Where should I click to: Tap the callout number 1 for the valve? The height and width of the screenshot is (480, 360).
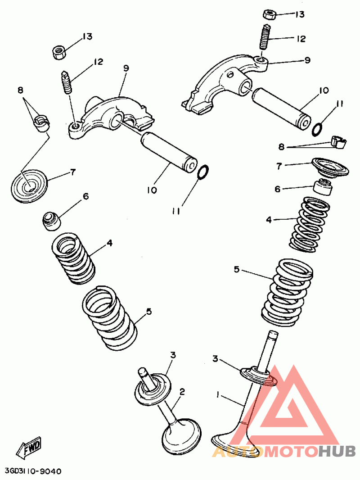[218, 395]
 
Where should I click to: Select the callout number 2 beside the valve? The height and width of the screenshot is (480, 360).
[182, 392]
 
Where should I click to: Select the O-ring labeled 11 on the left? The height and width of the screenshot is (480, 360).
[203, 172]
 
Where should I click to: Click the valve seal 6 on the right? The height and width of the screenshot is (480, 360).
[323, 186]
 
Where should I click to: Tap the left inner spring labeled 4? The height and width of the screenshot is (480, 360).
[74, 258]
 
